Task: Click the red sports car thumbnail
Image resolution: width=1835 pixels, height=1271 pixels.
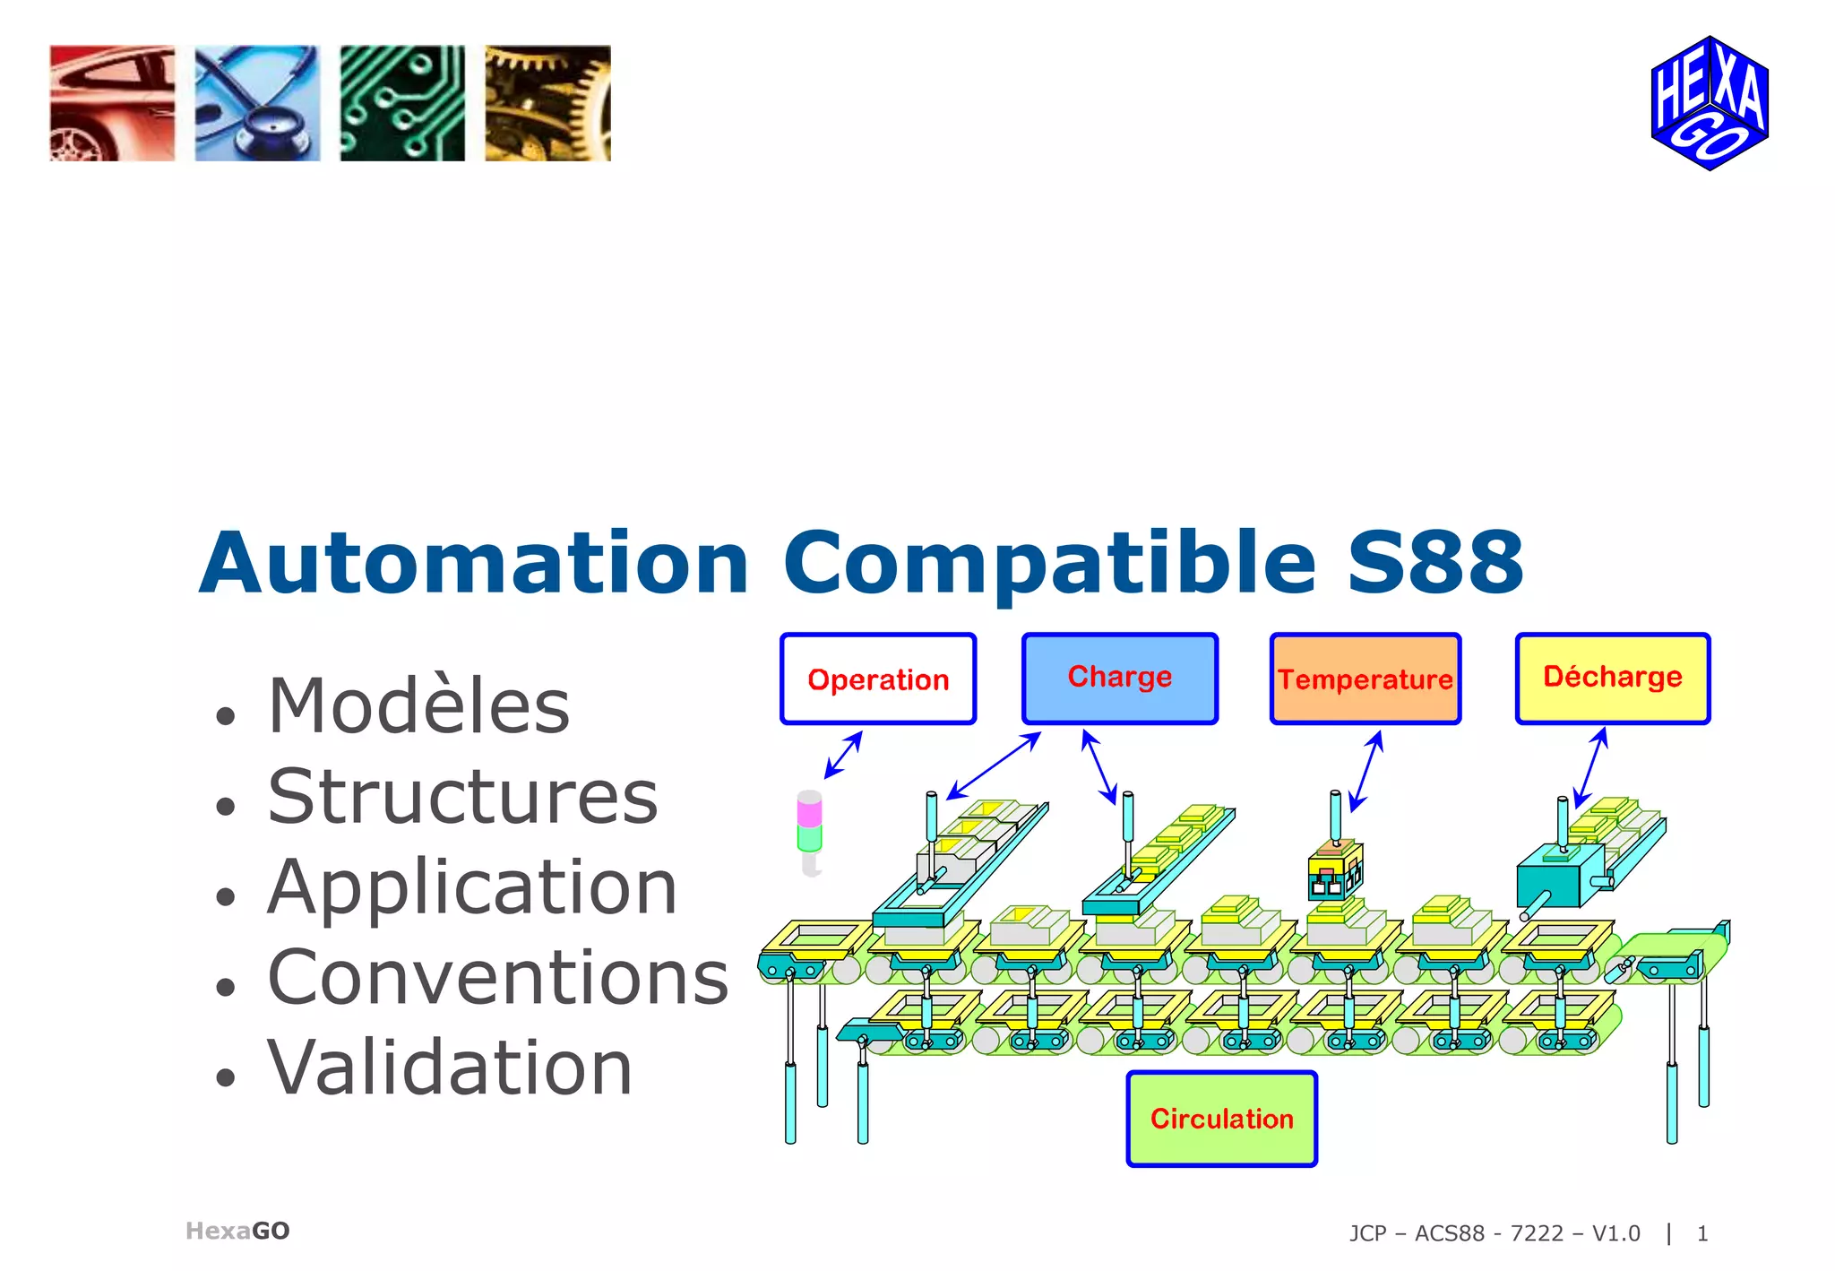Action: point(112,103)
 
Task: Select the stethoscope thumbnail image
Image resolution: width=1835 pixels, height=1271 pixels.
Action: point(257,103)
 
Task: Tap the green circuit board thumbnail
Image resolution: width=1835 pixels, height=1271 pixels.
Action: point(402,103)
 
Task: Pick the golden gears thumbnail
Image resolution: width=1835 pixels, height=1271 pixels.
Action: point(547,103)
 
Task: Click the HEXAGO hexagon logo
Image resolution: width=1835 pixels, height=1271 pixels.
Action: point(1710,103)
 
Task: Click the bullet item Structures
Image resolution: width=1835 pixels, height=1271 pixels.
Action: point(462,797)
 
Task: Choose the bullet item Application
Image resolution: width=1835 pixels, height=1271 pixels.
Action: point(472,887)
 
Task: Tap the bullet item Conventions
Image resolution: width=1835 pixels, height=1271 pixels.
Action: point(498,978)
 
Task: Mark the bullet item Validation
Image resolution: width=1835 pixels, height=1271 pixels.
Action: point(450,1068)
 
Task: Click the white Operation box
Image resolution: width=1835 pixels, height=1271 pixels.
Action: point(878,679)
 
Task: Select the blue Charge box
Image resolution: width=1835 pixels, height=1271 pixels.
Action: point(1120,679)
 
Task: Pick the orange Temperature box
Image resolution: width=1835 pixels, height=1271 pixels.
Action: point(1365,679)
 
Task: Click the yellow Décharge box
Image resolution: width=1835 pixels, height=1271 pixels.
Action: point(1613,679)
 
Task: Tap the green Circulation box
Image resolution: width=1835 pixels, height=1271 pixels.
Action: point(1222,1119)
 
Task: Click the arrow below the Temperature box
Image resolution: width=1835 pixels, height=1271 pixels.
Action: point(1366,771)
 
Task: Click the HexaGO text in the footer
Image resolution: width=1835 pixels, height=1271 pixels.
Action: point(237,1231)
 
